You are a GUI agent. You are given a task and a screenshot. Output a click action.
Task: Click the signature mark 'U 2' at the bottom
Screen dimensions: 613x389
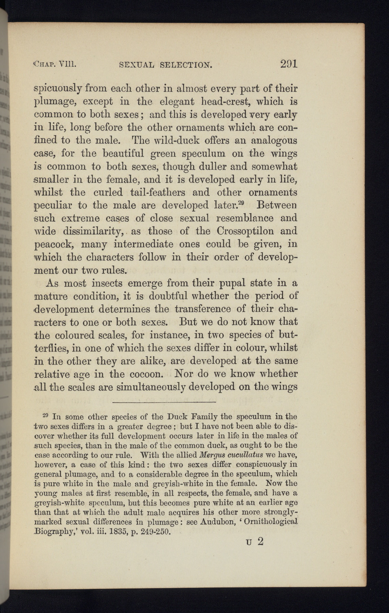(x=255, y=542)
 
